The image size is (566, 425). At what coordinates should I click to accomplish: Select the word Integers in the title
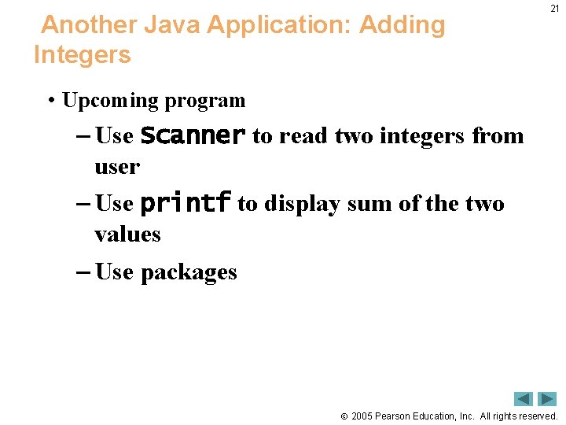[83, 56]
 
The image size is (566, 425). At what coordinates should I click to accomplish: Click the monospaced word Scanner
[193, 135]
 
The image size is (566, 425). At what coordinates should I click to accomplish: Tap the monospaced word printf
[185, 204]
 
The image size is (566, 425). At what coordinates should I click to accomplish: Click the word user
[116, 167]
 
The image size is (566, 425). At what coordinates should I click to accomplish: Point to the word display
[302, 204]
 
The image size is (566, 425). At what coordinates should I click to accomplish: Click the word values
[127, 234]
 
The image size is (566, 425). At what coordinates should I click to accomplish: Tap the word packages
[189, 272]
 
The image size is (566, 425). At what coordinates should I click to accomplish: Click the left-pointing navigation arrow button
[524, 399]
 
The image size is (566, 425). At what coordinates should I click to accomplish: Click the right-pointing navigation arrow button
[546, 399]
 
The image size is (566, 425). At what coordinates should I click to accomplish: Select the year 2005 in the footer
[362, 416]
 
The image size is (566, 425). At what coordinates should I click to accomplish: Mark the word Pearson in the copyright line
[393, 416]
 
